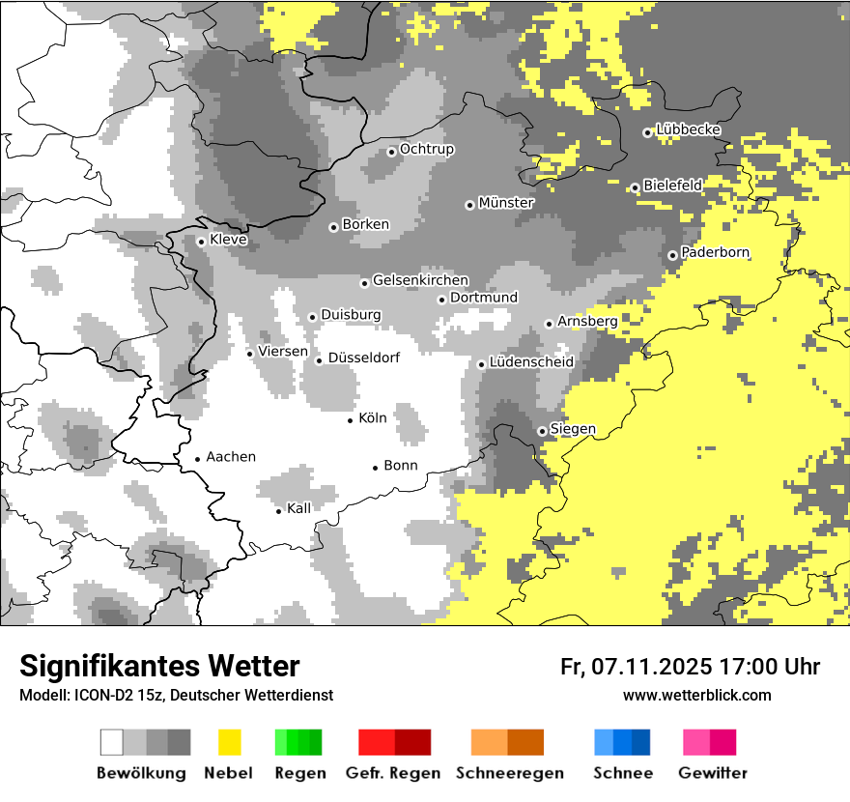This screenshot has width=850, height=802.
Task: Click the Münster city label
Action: (x=506, y=203)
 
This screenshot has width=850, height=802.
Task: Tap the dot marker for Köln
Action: (x=351, y=419)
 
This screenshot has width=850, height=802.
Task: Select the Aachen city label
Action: (x=231, y=457)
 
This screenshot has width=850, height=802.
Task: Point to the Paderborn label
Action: (x=715, y=252)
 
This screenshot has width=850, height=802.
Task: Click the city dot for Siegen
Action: (x=542, y=431)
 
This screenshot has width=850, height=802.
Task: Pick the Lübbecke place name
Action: (x=688, y=129)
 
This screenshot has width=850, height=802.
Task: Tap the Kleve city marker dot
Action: (x=201, y=242)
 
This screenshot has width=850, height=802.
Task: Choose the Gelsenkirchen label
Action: (x=420, y=280)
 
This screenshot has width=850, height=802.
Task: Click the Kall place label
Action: (x=298, y=508)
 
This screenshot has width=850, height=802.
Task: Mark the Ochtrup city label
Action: (x=426, y=149)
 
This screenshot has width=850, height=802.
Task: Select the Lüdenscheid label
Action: (x=531, y=362)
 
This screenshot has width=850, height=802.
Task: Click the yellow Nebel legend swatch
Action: (x=229, y=742)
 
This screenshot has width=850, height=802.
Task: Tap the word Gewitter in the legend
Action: (x=712, y=773)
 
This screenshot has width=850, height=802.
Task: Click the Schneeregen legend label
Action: (x=510, y=773)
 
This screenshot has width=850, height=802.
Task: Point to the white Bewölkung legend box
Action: (x=111, y=742)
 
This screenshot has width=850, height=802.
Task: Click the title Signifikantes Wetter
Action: (x=159, y=666)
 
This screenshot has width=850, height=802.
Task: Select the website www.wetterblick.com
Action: (x=696, y=695)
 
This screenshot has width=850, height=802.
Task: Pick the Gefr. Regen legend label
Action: (x=393, y=773)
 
